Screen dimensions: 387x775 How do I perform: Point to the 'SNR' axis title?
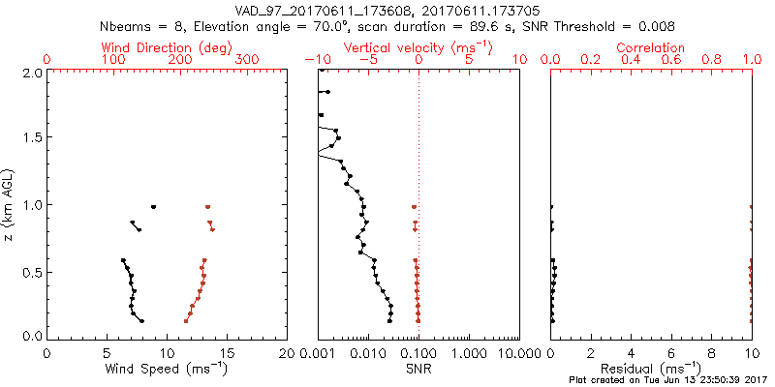[418, 368]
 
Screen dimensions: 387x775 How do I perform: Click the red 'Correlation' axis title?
[651, 47]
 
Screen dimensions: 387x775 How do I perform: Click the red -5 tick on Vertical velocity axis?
[367, 59]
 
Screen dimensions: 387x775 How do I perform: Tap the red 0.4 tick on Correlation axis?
[631, 59]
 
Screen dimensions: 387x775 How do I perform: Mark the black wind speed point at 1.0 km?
[153, 206]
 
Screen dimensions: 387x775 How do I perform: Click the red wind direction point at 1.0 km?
[207, 206]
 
